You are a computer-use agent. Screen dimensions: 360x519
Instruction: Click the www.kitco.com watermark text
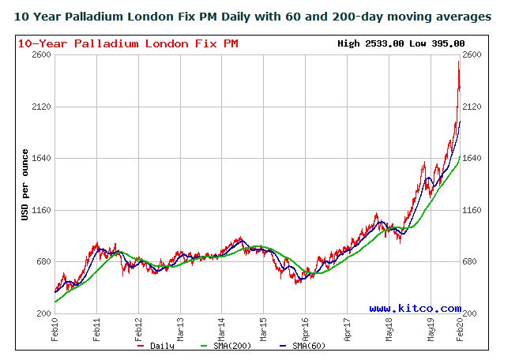pyautogui.click(x=415, y=309)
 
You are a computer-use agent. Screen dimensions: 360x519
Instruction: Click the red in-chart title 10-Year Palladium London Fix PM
pyautogui.click(x=127, y=43)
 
